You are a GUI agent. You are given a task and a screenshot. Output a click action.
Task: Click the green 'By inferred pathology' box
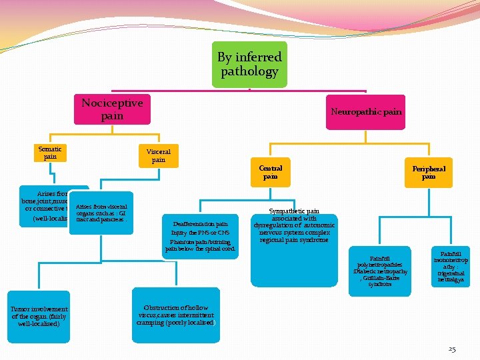(249, 64)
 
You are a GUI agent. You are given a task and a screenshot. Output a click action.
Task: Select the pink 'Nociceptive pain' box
(112, 109)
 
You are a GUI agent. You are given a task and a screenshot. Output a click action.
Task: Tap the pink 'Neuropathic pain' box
(366, 111)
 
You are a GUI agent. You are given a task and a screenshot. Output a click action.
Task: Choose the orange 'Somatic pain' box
(50, 153)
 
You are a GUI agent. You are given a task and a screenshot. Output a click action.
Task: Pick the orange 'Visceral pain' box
(158, 155)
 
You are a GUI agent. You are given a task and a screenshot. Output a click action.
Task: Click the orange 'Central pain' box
(270, 173)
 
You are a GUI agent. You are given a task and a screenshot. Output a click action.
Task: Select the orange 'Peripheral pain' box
(428, 173)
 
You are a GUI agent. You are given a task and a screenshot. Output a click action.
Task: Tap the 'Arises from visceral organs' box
(102, 213)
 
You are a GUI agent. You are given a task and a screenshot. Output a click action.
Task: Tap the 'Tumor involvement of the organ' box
(39, 316)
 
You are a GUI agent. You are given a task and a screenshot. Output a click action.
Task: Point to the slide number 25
(452, 349)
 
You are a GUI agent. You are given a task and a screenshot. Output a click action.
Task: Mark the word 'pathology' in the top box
(249, 71)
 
